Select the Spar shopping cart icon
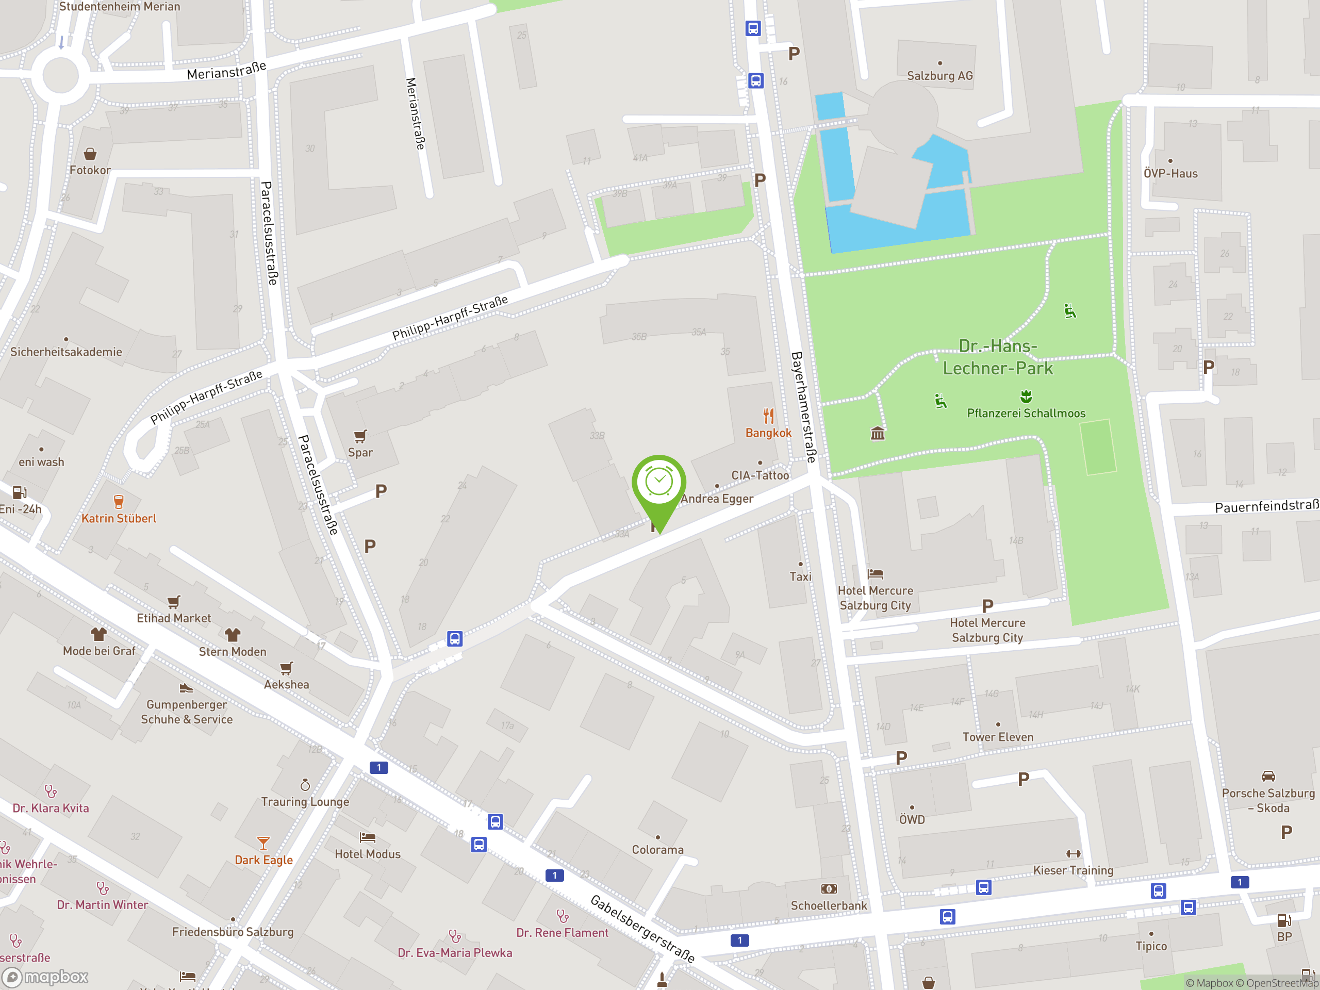point(360,436)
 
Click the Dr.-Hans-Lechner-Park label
point(998,357)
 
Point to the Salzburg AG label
point(940,76)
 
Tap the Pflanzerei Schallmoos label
point(1026,413)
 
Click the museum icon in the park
point(877,433)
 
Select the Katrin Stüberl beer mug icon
point(119,501)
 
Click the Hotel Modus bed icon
point(368,837)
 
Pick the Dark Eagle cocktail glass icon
point(263,843)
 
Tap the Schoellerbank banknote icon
point(829,889)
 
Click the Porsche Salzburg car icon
point(1268,777)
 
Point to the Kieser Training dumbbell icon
point(1073,854)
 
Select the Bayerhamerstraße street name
point(803,407)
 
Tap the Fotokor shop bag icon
point(90,155)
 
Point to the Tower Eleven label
point(998,737)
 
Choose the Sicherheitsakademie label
point(66,352)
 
